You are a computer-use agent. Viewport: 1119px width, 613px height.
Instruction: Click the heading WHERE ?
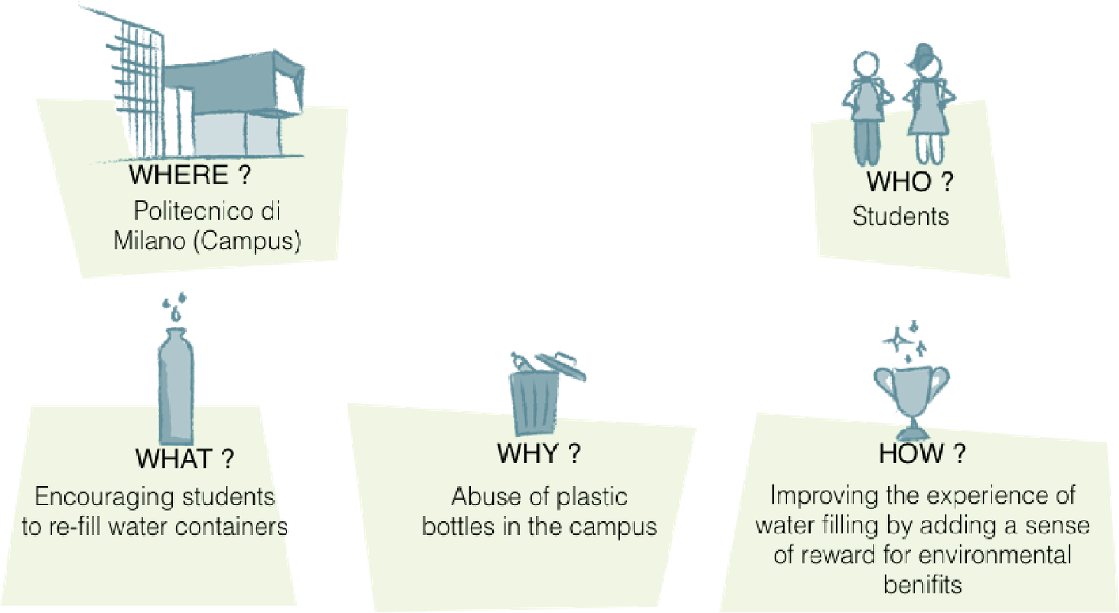(x=189, y=175)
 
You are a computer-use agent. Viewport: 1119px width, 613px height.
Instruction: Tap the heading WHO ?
(x=909, y=182)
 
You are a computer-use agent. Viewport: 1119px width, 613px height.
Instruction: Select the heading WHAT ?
(x=185, y=459)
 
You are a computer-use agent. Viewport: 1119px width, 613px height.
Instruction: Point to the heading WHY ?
(x=539, y=454)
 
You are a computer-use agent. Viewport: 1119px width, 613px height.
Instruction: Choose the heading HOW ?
(x=922, y=454)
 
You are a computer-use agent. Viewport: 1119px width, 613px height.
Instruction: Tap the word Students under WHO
(x=900, y=216)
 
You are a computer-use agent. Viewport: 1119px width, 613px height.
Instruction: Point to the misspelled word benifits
(x=922, y=584)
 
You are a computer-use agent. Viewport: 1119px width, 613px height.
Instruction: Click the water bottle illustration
(x=175, y=381)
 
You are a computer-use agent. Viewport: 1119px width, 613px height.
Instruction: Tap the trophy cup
(x=911, y=395)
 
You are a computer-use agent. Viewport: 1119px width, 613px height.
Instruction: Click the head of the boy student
(x=867, y=66)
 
